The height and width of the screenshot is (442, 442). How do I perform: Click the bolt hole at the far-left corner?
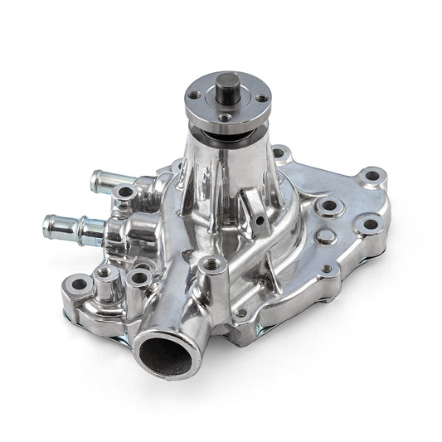pos(80,284)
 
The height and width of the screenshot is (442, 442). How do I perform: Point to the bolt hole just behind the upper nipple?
pos(125,192)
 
